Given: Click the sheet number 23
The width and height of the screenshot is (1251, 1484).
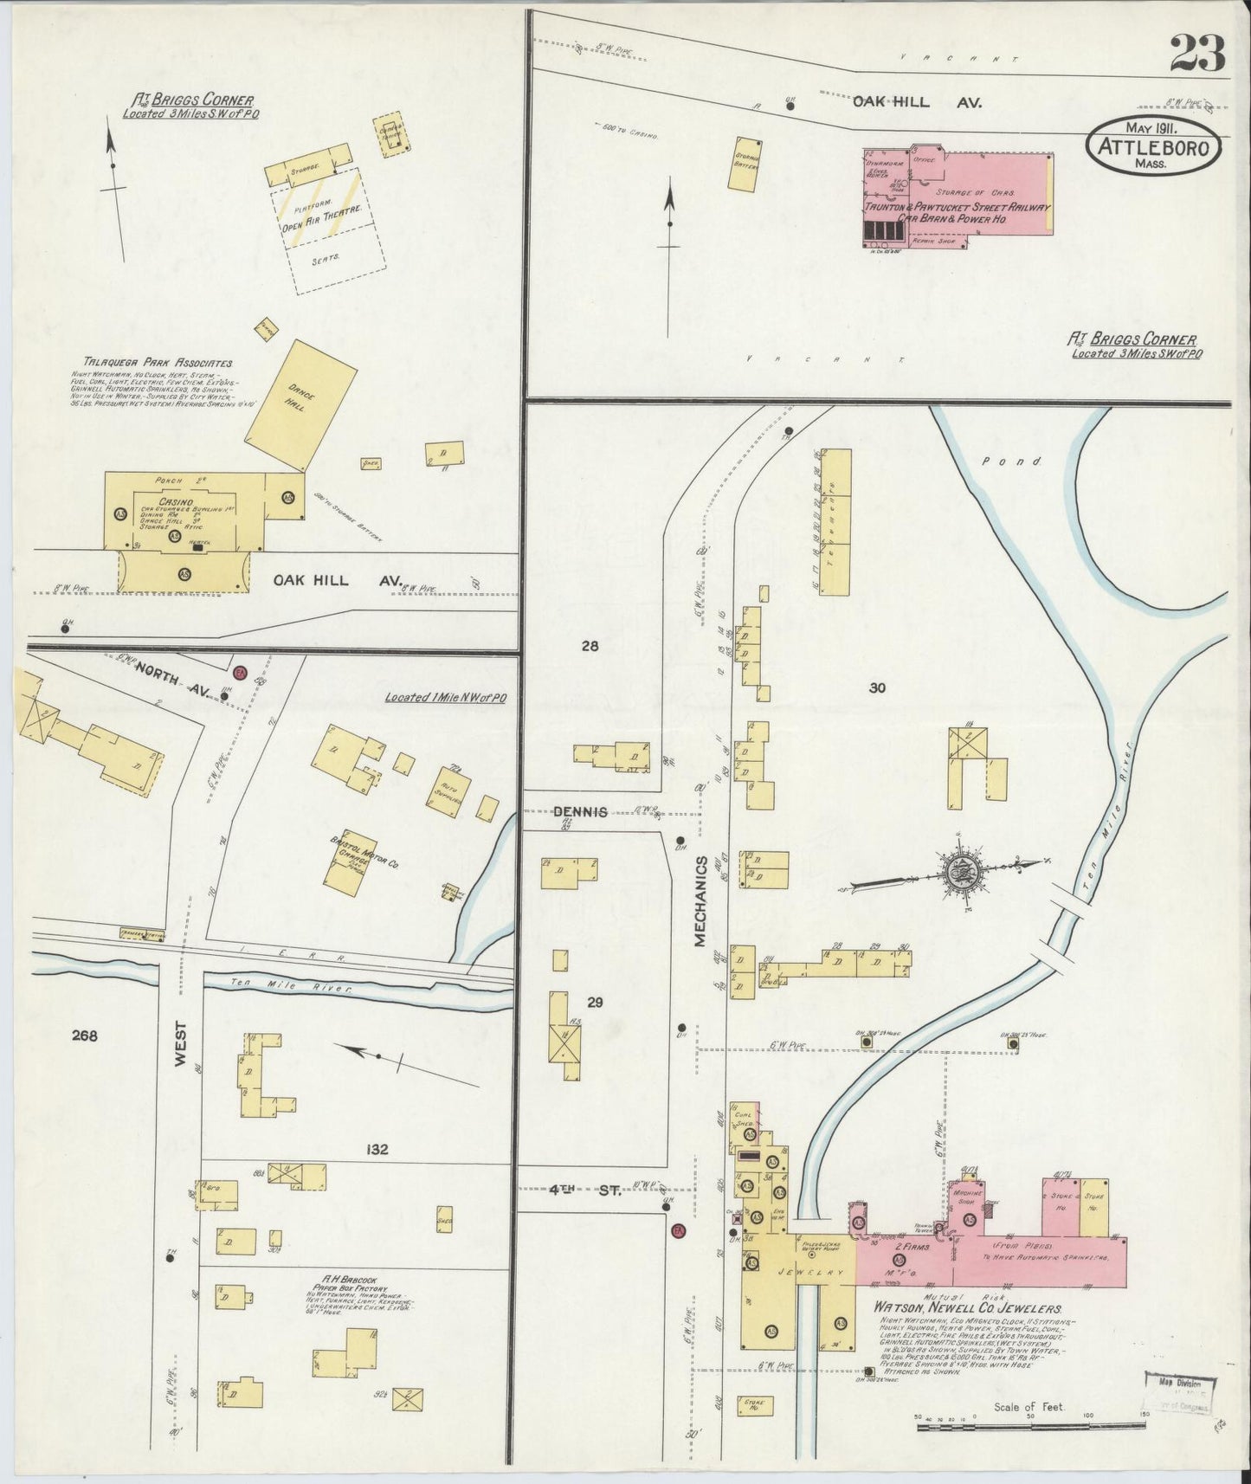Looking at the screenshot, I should (x=1198, y=54).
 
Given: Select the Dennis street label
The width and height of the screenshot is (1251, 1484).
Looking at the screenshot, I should (x=580, y=812).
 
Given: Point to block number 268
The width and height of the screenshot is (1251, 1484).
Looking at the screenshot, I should (x=85, y=1036).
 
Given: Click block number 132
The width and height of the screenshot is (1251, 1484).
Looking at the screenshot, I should (x=377, y=1150).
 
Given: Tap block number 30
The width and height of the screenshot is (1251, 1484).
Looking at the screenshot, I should (x=878, y=688).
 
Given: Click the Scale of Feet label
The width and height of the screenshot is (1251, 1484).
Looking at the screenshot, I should (x=1029, y=1408).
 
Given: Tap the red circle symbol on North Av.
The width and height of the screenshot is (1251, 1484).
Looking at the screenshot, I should (x=241, y=672).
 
